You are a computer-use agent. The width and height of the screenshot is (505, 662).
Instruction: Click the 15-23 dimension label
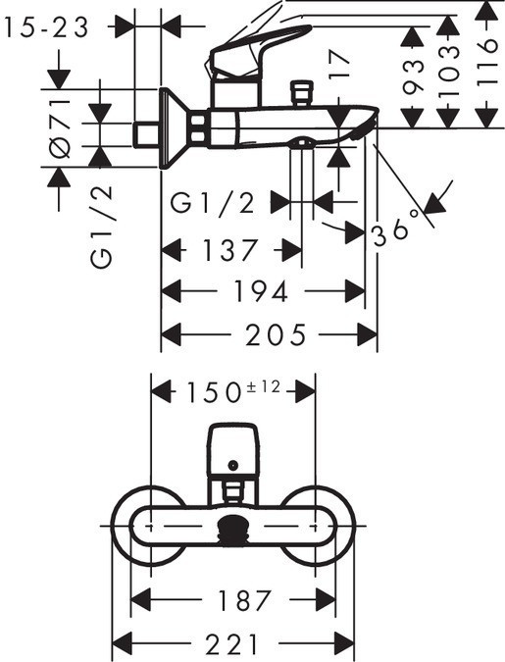click(47, 27)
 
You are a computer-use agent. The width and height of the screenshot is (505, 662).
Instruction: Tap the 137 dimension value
click(229, 249)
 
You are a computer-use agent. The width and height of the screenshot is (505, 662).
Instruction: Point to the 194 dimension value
click(262, 291)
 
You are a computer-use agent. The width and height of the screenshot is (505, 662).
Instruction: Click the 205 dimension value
click(276, 334)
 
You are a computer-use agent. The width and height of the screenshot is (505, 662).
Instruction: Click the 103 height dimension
click(448, 71)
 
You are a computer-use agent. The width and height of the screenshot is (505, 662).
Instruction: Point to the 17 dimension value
click(340, 66)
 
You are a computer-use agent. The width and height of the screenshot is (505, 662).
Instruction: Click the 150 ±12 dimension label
click(233, 390)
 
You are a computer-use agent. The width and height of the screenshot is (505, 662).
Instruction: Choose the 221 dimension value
click(231, 644)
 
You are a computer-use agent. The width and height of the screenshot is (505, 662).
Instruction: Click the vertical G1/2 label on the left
click(101, 226)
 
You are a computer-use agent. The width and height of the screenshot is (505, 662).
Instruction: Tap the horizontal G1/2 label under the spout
click(213, 203)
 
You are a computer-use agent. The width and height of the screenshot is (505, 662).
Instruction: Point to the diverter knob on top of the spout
click(301, 92)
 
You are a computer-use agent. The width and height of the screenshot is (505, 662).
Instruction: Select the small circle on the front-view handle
click(232, 465)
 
